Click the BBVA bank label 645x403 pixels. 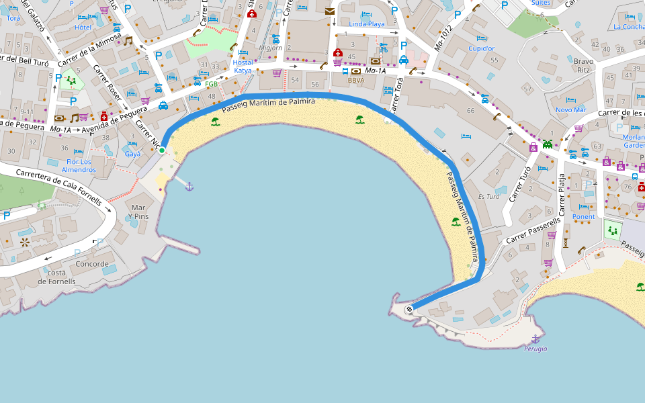coord(355,80)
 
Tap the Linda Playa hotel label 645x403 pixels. coord(366,24)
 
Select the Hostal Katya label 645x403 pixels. coord(243,66)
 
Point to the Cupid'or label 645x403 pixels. coord(481,48)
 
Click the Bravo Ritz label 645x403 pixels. coord(583,65)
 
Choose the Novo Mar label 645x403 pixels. coord(570,109)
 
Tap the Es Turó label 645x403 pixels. coord(488,197)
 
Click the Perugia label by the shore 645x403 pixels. coord(535,349)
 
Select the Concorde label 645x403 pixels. coord(92,264)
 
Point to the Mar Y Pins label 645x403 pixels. coord(140,212)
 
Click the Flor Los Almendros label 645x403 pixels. coord(79,166)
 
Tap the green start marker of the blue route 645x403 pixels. coord(162,150)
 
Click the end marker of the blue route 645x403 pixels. coord(409,309)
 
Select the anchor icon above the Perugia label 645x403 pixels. coord(535,339)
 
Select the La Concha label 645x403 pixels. coord(629,27)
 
